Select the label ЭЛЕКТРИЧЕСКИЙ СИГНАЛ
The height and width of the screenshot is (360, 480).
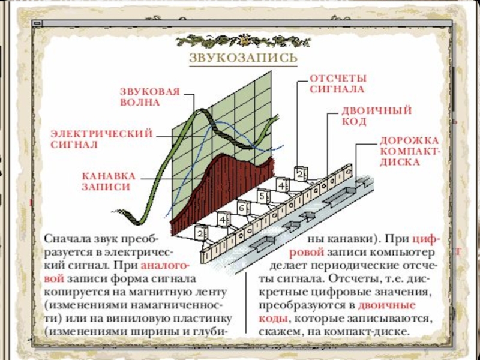pos(100,139)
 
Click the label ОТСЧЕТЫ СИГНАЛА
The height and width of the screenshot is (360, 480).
pos(337,84)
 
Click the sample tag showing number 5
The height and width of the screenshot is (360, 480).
pos(262,196)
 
